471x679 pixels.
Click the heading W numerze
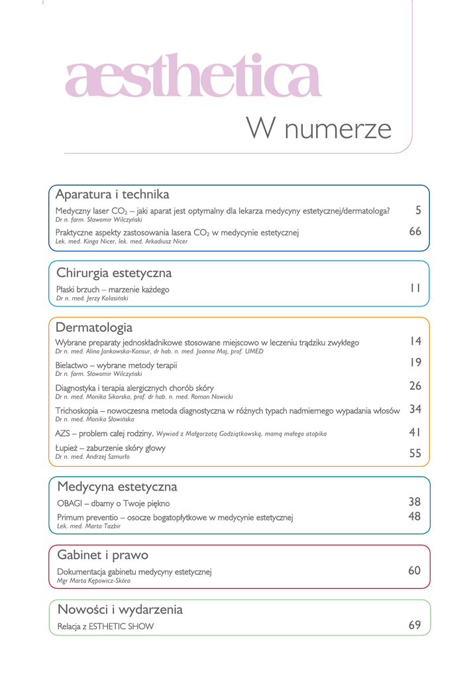pos(318,128)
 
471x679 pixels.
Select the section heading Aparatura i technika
pos(112,194)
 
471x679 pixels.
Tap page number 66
pos(415,231)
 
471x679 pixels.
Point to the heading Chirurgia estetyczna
pos(113,273)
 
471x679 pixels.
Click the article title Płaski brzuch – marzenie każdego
pos(113,289)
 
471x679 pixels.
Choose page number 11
pos(415,288)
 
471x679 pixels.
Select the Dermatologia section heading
pos(94,328)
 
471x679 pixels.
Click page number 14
pos(415,341)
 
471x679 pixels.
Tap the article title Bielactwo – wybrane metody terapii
pos(116,365)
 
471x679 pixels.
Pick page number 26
pos(415,386)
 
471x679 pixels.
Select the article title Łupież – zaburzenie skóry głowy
pos(111,448)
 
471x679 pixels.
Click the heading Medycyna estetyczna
pos(117,487)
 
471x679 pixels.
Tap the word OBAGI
pos(69,503)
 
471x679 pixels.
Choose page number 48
pos(415,517)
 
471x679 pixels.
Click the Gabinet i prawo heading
pos(103,555)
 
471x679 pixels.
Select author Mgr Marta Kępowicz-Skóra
pos(93,581)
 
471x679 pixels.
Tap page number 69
pos(415,625)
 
